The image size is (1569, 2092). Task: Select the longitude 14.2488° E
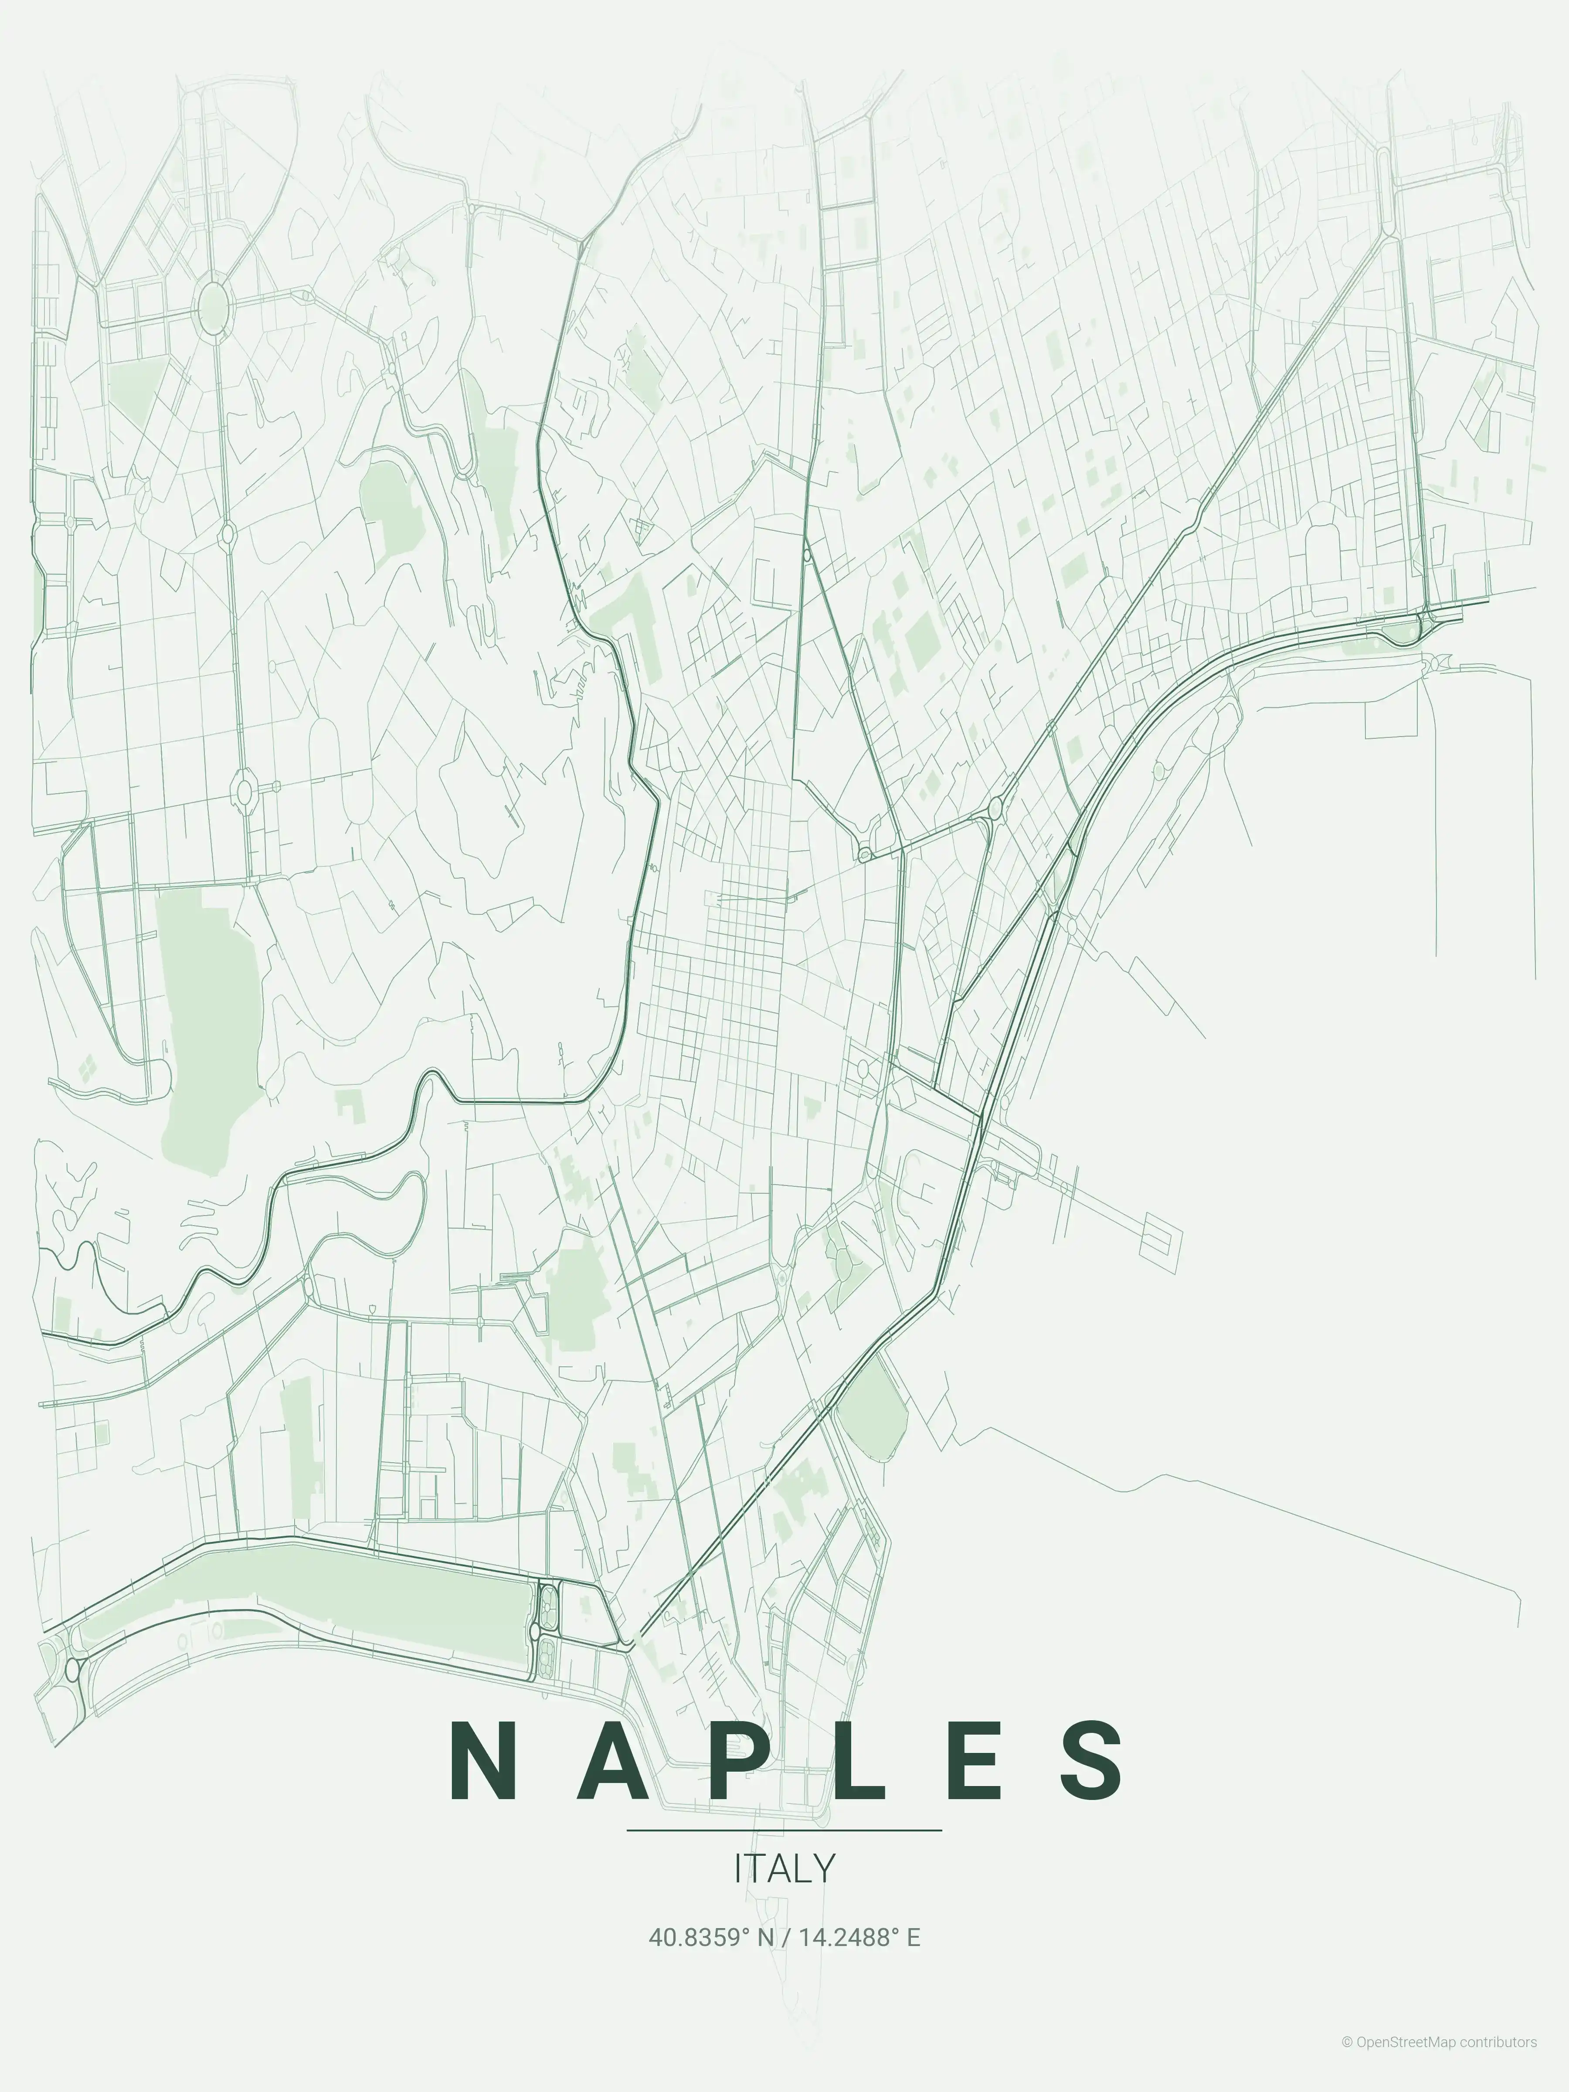859,1938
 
